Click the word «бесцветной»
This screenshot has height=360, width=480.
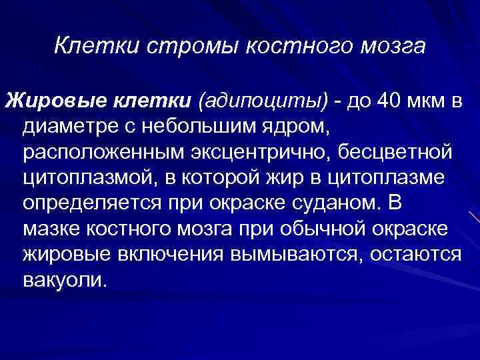tap(397, 153)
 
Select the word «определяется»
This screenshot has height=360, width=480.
tap(93, 203)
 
